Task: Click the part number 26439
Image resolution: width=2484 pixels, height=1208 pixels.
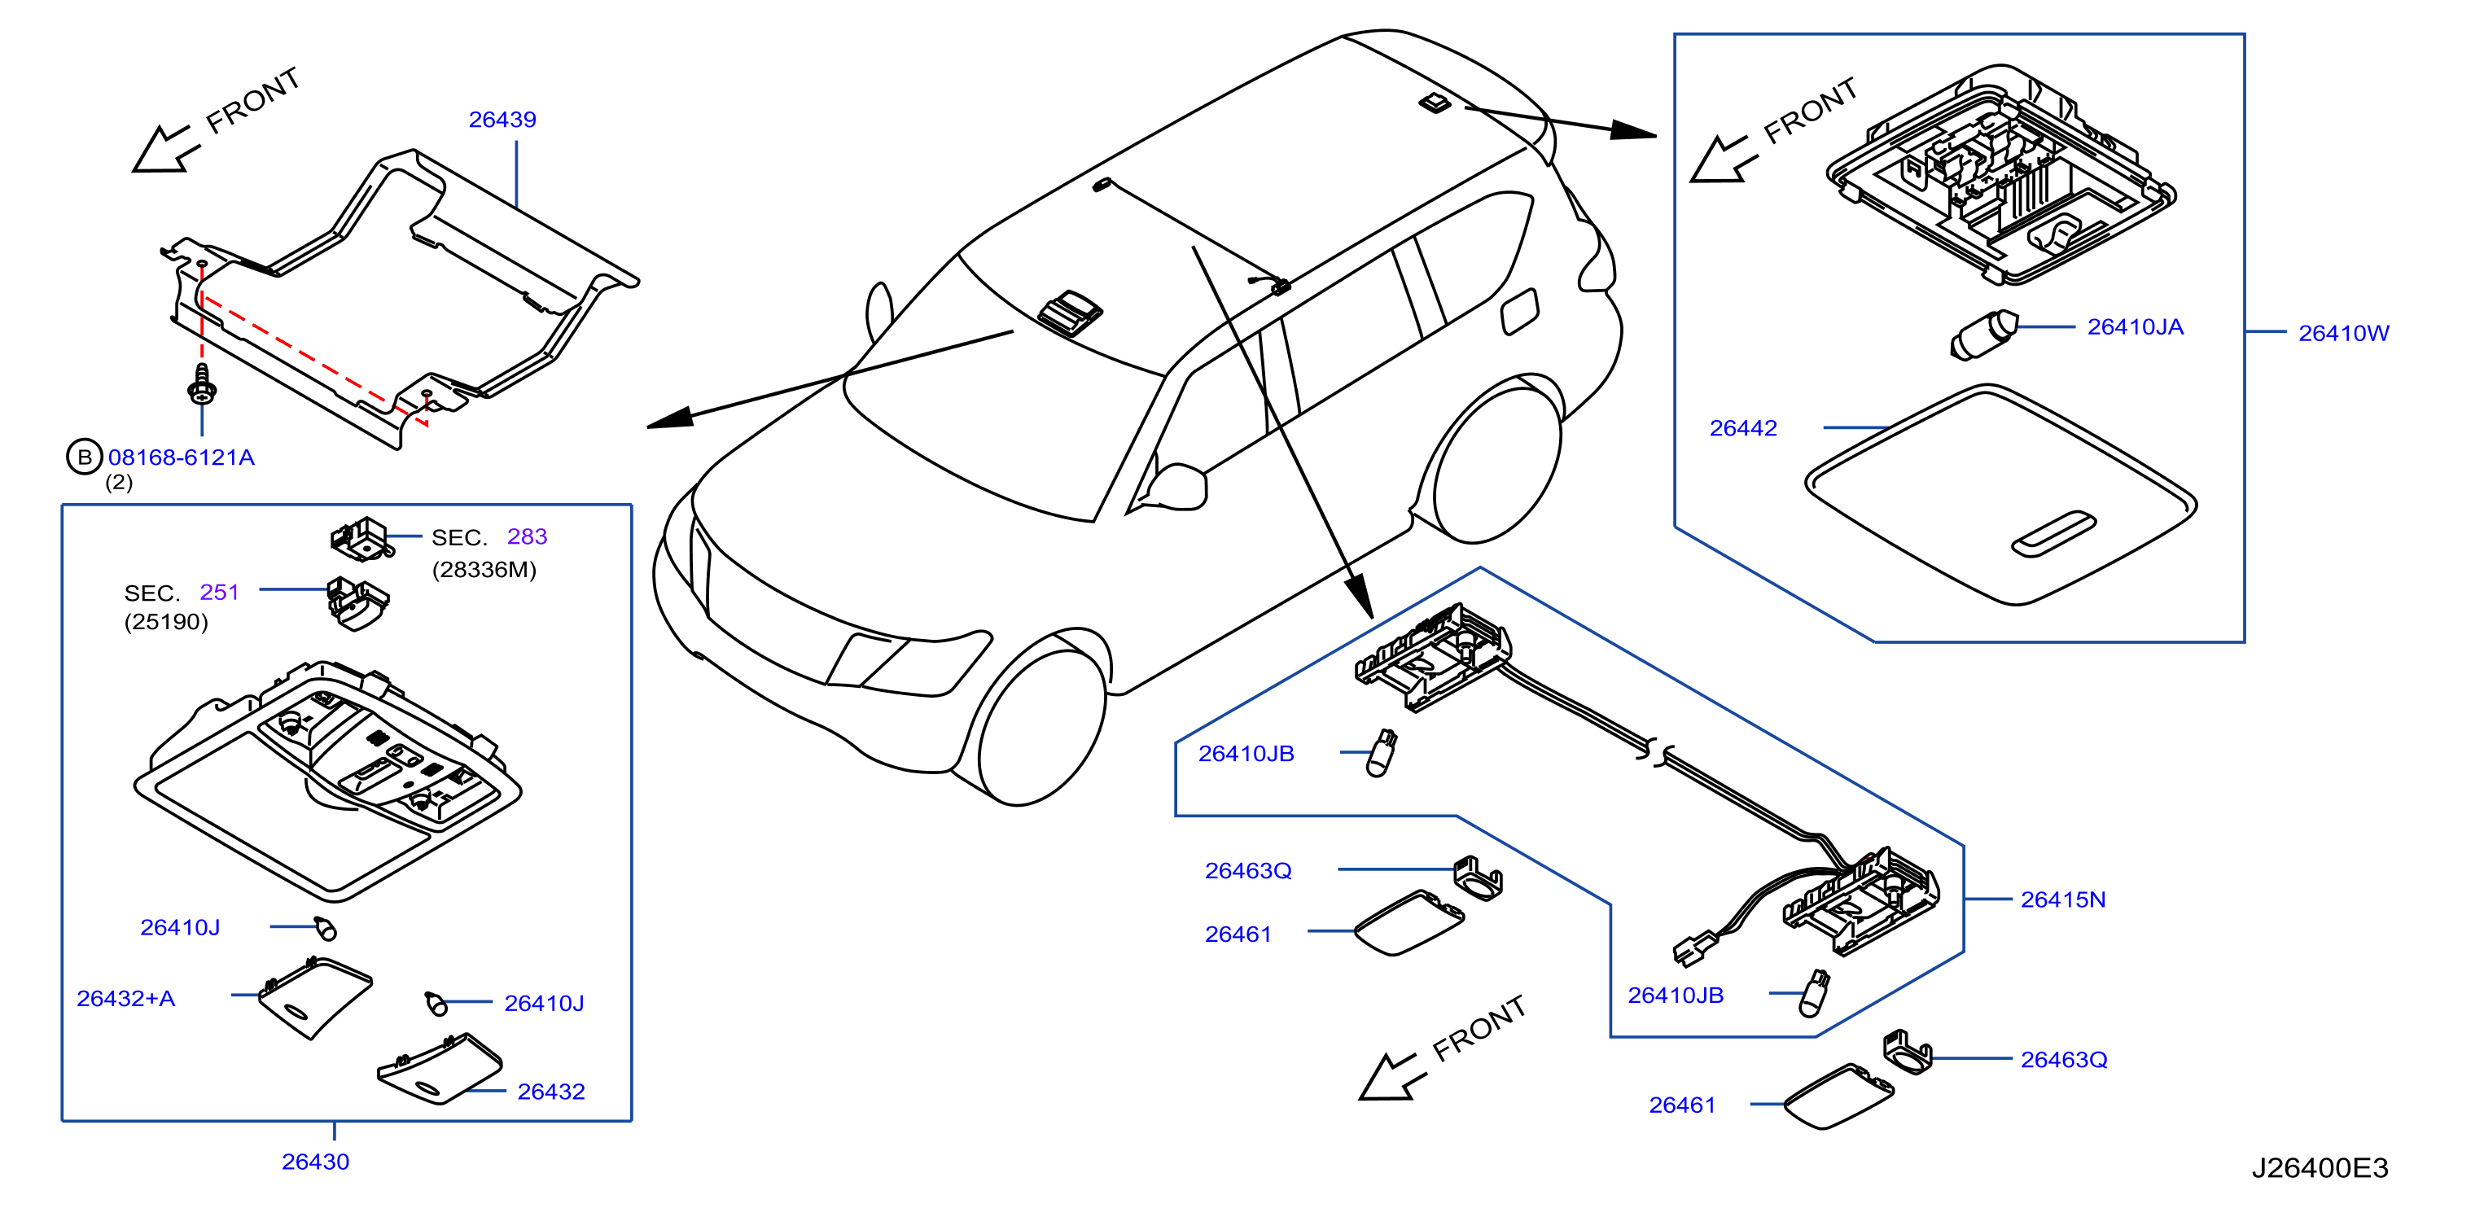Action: coord(502,120)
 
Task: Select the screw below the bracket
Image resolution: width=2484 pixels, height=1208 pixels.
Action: coord(202,383)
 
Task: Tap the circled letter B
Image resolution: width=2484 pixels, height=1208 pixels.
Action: coord(85,457)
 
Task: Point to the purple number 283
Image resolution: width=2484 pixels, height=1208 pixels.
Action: coord(528,536)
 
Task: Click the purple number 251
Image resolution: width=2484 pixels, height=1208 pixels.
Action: coord(219,592)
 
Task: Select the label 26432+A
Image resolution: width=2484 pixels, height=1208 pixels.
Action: coord(126,998)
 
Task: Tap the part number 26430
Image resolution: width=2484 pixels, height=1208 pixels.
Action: coord(315,1162)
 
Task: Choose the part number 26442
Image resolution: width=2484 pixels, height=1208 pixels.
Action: coord(1743,428)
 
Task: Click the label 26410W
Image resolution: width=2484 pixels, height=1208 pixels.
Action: coord(2344,333)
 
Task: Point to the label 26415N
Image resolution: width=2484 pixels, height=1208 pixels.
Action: coord(2064,899)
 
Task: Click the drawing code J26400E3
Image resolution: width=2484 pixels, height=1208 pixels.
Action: coord(2320,1167)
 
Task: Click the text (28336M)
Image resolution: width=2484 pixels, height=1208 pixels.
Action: coord(484,570)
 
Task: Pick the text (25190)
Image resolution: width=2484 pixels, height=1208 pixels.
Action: coord(166,622)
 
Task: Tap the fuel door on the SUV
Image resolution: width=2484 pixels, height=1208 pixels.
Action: coord(1520,312)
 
